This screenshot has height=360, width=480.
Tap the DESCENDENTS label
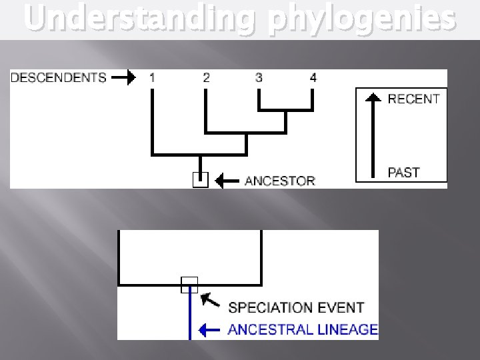coord(59,77)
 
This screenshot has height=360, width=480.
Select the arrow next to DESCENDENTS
coord(123,77)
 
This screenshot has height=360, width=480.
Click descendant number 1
coord(153,77)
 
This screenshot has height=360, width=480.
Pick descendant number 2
coord(206,77)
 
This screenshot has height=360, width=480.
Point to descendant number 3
coord(259,77)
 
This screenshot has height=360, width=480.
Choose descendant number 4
coord(313,77)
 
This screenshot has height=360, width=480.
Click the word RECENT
coord(413,99)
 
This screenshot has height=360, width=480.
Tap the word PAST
coord(404,172)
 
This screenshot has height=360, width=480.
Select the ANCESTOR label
coord(280,180)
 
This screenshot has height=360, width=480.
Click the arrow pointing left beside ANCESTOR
coord(228,180)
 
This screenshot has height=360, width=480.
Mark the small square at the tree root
coord(200,179)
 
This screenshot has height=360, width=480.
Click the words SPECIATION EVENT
coord(296,307)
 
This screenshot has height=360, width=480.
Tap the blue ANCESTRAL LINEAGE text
coord(303,329)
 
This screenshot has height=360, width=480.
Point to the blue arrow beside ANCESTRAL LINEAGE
coord(210,329)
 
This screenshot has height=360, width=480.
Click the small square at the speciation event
coord(190,285)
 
